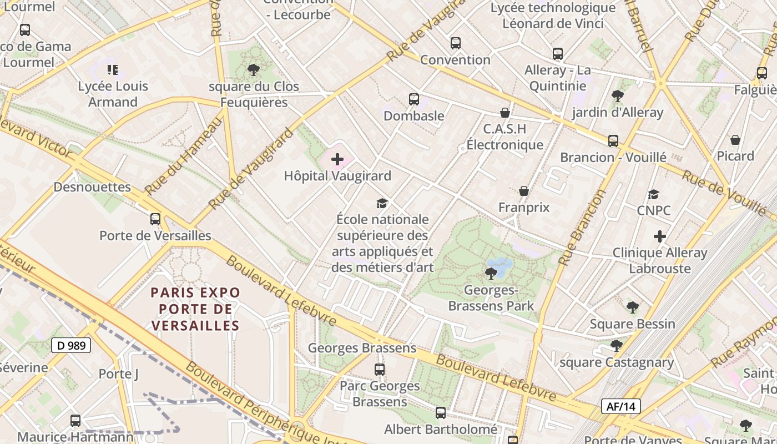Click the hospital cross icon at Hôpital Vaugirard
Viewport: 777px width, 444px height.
337,160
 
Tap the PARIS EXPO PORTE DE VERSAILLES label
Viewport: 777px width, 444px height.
195,309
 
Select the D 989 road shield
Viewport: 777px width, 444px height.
71,345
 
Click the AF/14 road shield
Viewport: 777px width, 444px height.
620,406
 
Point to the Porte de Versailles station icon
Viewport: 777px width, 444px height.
155,219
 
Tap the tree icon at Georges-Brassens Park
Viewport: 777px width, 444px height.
491,273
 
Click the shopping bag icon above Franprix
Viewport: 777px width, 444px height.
523,191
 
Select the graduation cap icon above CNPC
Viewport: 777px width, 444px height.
654,195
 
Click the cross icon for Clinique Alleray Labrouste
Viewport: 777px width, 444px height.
659,237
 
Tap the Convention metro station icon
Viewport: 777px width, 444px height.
456,43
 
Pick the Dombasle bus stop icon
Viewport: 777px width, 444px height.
414,99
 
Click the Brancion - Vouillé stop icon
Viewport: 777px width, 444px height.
613,141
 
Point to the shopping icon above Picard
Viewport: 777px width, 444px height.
735,140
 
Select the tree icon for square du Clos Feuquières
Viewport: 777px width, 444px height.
254,70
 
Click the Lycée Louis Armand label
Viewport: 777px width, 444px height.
113,94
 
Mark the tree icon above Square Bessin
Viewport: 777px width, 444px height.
632,307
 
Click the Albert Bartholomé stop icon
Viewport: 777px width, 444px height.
441,413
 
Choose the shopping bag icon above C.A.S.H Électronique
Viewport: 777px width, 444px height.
504,113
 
